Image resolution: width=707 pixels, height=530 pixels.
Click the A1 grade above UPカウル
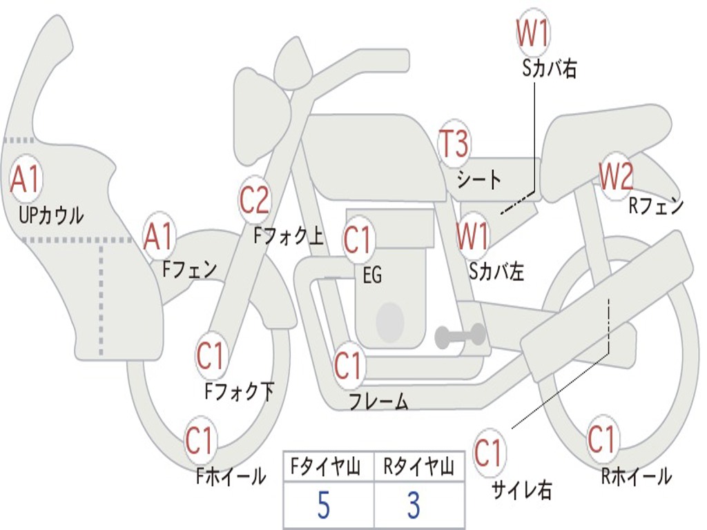(26, 179)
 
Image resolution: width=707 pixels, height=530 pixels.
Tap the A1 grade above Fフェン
(159, 237)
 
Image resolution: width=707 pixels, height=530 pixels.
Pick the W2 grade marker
(615, 177)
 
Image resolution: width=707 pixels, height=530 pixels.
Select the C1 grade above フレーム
(348, 365)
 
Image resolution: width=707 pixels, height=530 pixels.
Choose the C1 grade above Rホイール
(601, 439)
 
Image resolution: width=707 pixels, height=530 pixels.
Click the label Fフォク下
(239, 391)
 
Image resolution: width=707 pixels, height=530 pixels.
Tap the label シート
(479, 180)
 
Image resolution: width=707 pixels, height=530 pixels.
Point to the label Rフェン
(656, 205)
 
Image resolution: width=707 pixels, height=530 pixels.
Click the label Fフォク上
(288, 237)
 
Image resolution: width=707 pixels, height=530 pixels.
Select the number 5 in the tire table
(323, 506)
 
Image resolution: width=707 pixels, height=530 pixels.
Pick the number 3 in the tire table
(414, 506)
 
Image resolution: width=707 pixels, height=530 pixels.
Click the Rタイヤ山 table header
(418, 469)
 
